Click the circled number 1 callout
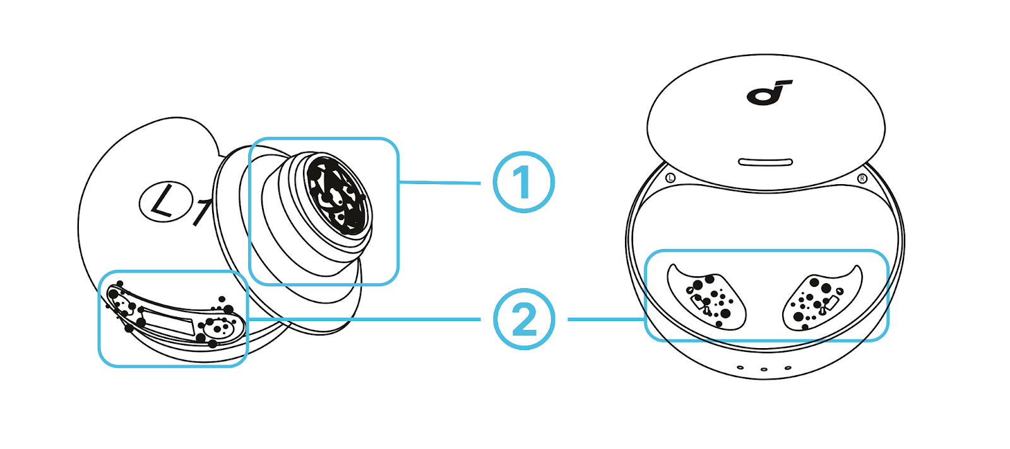point(523,182)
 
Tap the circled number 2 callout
point(523,319)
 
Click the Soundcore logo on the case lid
point(768,93)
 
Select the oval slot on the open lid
point(765,162)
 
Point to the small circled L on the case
point(670,178)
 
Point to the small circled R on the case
point(862,178)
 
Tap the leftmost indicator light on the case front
point(740,367)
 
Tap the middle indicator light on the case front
point(764,370)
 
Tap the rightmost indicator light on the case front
point(788,368)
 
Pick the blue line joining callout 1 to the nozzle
point(440,182)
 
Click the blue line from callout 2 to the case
point(606,319)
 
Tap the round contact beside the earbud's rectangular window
point(219,328)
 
